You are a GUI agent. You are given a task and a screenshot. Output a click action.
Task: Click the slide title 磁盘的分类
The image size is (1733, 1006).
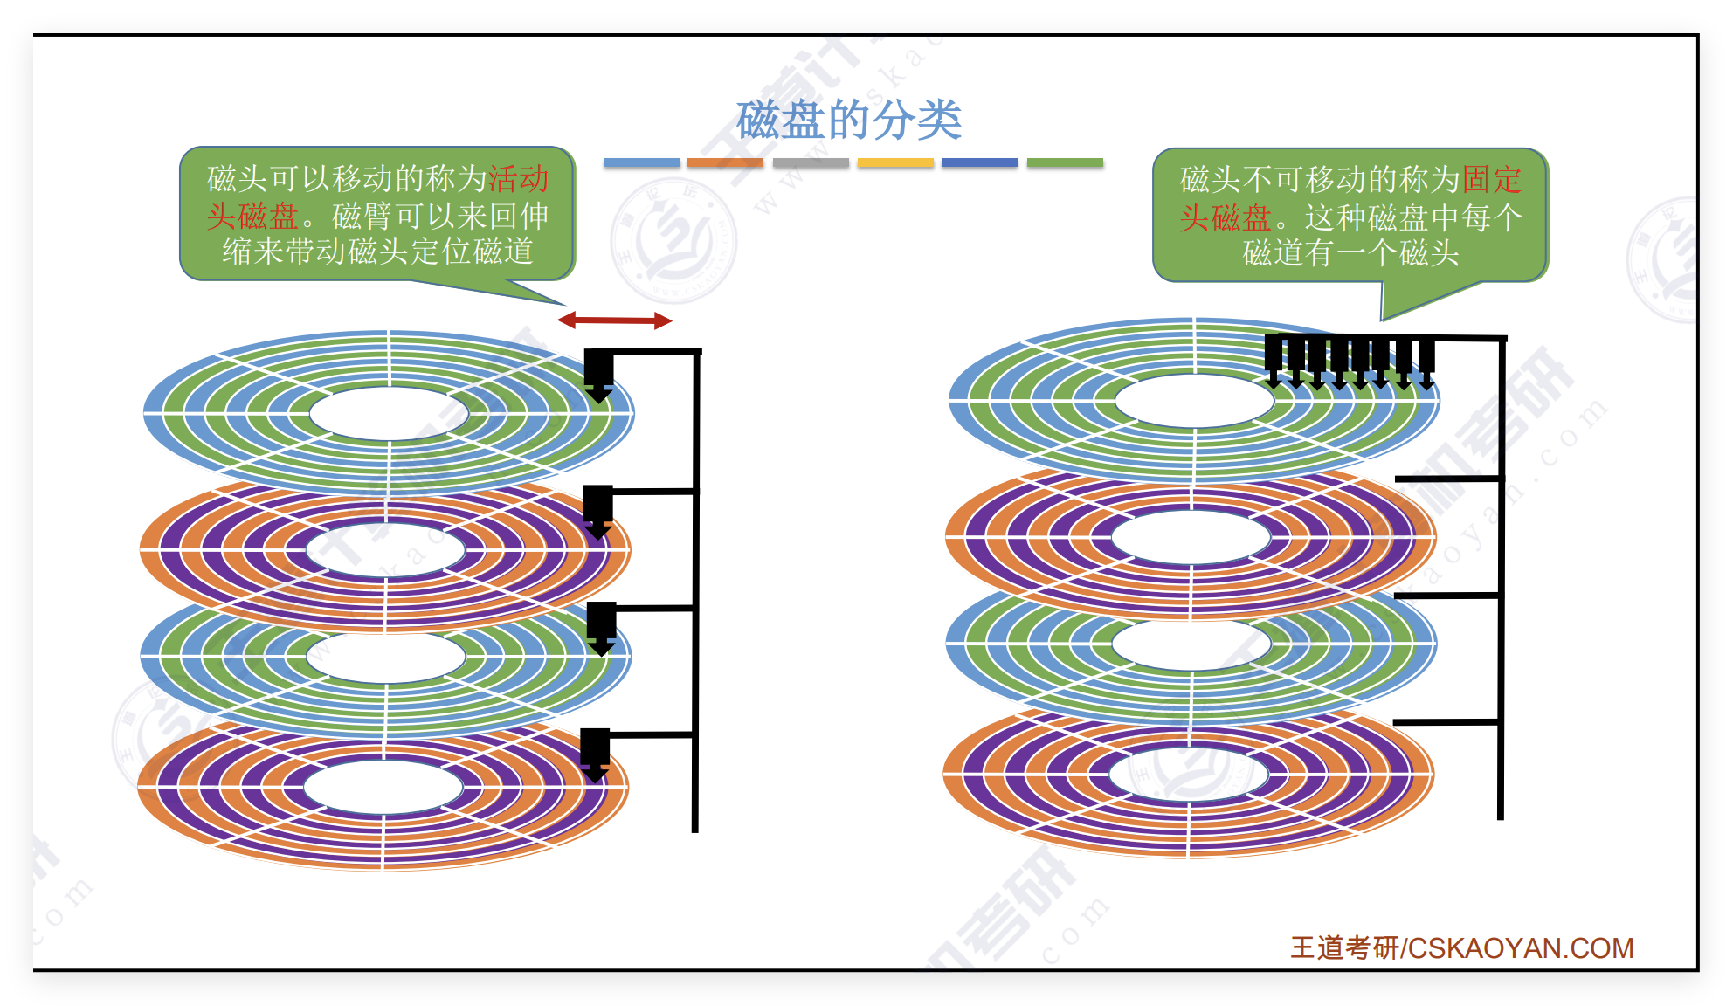[848, 120]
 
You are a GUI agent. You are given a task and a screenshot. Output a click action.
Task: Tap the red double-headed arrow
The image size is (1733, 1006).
[615, 320]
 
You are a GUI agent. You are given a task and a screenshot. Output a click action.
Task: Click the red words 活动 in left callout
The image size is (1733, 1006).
[518, 179]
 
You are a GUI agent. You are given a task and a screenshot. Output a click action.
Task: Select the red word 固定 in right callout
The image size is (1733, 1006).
[1492, 180]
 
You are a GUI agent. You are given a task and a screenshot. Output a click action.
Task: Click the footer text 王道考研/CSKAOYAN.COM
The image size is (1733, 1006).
[1461, 948]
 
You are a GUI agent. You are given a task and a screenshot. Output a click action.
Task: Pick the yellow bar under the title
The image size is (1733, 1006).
[895, 162]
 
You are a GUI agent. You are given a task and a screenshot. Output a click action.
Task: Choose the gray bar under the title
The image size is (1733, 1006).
[811, 162]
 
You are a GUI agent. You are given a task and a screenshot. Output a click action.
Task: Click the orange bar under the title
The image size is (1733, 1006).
[725, 162]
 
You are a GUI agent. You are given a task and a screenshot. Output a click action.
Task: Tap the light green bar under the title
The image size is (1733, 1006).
[1065, 162]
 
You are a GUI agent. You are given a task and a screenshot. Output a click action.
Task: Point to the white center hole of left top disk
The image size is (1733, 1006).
[389, 413]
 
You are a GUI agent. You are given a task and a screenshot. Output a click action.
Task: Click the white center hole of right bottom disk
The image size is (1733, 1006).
[1188, 774]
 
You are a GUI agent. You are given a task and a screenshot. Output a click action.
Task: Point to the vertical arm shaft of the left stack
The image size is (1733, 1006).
[696, 594]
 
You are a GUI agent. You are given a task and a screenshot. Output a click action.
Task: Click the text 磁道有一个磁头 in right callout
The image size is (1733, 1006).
[1350, 253]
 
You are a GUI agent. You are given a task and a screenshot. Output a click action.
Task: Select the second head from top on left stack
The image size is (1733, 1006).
[598, 510]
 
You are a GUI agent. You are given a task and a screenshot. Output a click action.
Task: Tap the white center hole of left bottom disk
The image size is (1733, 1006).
[383, 787]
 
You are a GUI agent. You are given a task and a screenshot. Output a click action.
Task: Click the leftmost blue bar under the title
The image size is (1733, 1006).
[641, 162]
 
